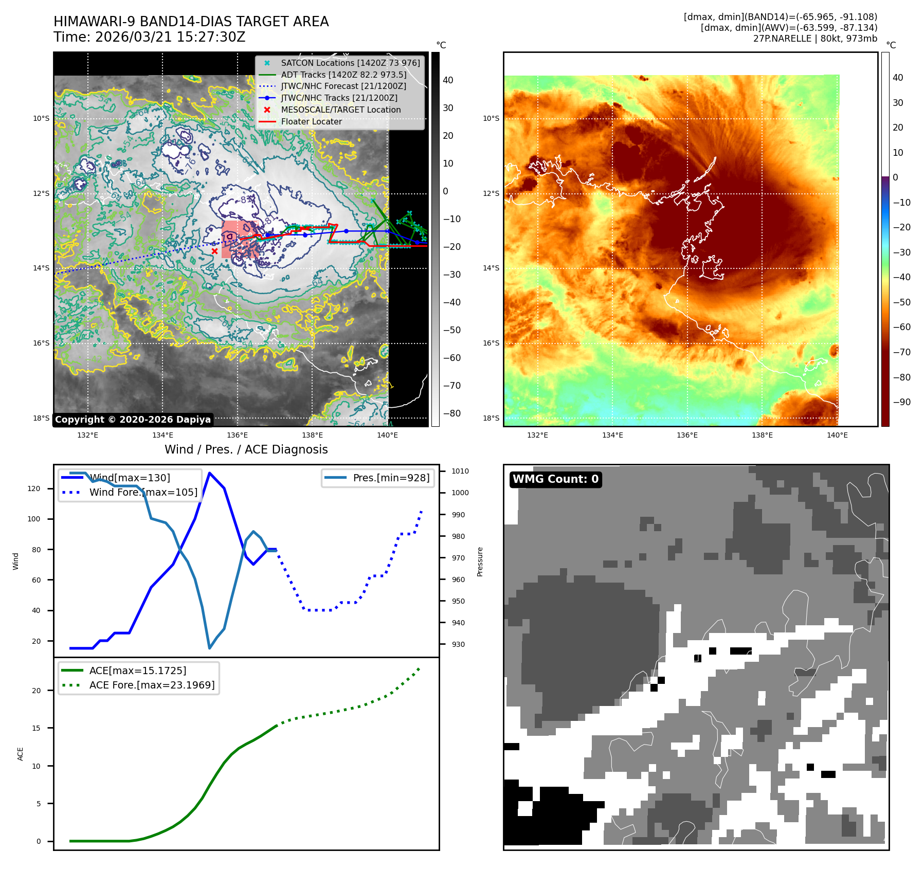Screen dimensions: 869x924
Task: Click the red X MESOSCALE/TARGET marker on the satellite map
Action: pos(214,251)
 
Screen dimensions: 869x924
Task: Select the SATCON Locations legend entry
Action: pos(350,63)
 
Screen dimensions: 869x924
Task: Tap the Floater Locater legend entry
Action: pos(311,121)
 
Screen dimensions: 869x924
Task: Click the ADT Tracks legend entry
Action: pos(343,75)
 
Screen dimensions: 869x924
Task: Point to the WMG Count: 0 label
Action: pos(555,479)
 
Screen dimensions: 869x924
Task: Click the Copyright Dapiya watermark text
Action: pos(133,420)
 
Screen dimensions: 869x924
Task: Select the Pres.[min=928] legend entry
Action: pos(391,478)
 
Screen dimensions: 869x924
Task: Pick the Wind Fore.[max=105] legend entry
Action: pos(143,492)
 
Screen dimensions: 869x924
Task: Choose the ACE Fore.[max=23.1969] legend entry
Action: pos(152,685)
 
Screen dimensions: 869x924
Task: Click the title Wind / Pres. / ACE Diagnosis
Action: pos(246,449)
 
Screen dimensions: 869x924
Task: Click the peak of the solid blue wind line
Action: pos(209,473)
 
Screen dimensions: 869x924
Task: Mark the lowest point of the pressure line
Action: pos(209,648)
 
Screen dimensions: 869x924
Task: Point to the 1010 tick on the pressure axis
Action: pos(460,471)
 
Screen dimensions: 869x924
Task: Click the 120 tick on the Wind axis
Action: pos(34,488)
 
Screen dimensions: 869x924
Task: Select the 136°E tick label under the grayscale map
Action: pos(238,435)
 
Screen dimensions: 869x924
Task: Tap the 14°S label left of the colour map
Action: pos(491,268)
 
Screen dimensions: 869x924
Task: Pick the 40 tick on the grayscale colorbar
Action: pos(448,80)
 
